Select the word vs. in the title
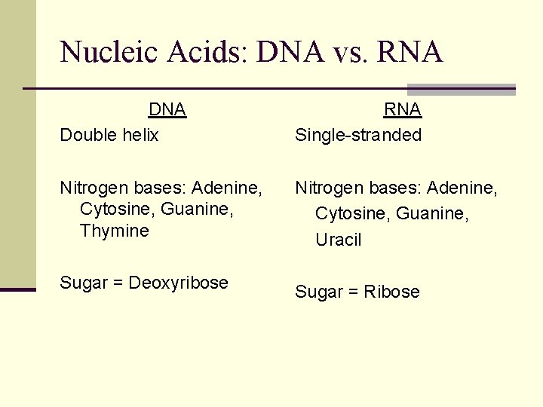pyautogui.click(x=344, y=53)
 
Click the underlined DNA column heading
pyautogui.click(x=167, y=110)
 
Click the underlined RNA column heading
pyautogui.click(x=403, y=110)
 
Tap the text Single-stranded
pyautogui.click(x=358, y=135)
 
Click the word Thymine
pyautogui.click(x=115, y=231)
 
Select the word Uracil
pyautogui.click(x=339, y=240)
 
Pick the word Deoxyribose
pyautogui.click(x=179, y=283)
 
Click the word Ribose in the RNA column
pyautogui.click(x=392, y=292)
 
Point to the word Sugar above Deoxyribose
pyautogui.click(x=84, y=283)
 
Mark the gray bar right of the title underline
pyautogui.click(x=461, y=89)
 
